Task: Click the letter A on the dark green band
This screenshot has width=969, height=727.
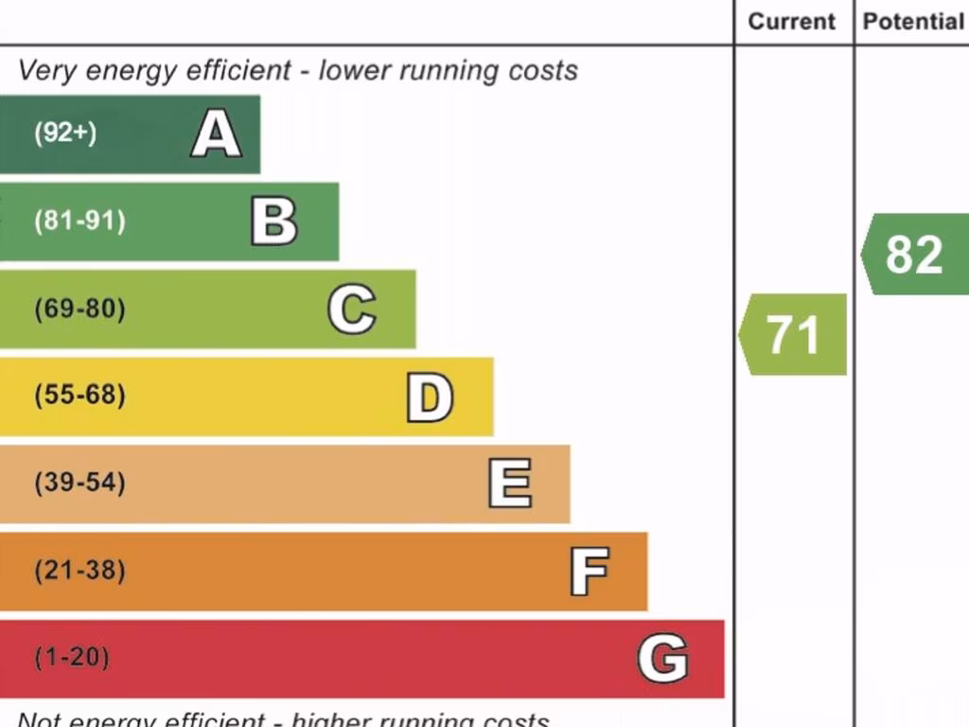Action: click(x=216, y=133)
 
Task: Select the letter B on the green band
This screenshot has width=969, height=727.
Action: click(x=273, y=222)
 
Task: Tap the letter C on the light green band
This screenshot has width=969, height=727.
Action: click(x=351, y=310)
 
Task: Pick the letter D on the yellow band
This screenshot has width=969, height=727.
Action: click(x=430, y=398)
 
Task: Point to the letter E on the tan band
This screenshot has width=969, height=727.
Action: click(x=509, y=484)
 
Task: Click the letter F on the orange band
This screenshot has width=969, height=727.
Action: click(x=589, y=572)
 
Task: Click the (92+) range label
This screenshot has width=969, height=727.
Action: click(x=65, y=133)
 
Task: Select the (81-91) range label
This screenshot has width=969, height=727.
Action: click(x=79, y=222)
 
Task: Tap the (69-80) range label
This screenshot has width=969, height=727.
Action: click(x=79, y=310)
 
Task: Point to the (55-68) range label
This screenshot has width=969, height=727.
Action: click(x=79, y=396)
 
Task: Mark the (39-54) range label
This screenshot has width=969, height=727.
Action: click(x=79, y=484)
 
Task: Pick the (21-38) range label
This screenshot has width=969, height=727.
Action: click(x=79, y=572)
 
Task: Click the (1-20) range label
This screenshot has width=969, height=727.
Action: click(x=72, y=658)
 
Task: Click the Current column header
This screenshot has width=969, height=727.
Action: click(x=792, y=22)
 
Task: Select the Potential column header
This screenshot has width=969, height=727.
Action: click(x=913, y=22)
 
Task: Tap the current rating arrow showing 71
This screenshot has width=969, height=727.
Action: click(x=793, y=335)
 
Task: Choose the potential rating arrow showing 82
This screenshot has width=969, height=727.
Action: click(x=915, y=255)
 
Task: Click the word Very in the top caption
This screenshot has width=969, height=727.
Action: click(x=46, y=71)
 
